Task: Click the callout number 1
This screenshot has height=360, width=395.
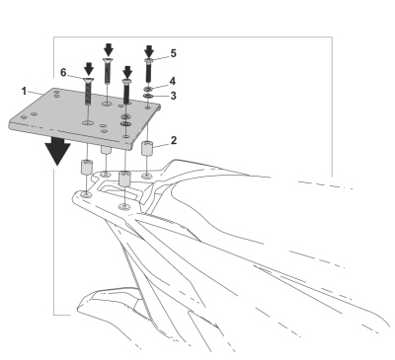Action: (x=24, y=91)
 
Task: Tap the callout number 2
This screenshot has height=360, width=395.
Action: (x=174, y=140)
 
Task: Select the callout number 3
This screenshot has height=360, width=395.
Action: (x=173, y=96)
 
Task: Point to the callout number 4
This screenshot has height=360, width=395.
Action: (x=173, y=81)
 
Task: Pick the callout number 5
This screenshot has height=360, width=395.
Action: (x=173, y=53)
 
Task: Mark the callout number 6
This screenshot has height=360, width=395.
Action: (x=63, y=72)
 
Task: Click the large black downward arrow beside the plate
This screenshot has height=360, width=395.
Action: (x=58, y=151)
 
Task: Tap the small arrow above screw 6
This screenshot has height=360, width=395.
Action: (x=89, y=69)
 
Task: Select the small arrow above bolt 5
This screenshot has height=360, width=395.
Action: (x=149, y=51)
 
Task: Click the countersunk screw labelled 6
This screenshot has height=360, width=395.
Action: (x=88, y=92)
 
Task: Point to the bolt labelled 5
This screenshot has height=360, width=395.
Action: (x=148, y=70)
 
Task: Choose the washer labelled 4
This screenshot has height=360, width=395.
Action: (x=148, y=89)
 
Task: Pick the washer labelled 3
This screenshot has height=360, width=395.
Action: (x=148, y=96)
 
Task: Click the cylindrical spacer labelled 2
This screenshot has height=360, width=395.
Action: (x=147, y=148)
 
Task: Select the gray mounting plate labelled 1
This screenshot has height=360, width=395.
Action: (x=85, y=117)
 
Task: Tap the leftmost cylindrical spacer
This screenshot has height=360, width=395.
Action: (x=87, y=167)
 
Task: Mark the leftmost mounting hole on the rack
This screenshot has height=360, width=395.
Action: (x=87, y=195)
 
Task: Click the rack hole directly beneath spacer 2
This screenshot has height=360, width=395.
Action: (x=147, y=176)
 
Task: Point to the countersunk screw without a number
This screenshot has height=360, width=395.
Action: (x=108, y=71)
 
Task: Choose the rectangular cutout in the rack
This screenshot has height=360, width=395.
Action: (x=120, y=192)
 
